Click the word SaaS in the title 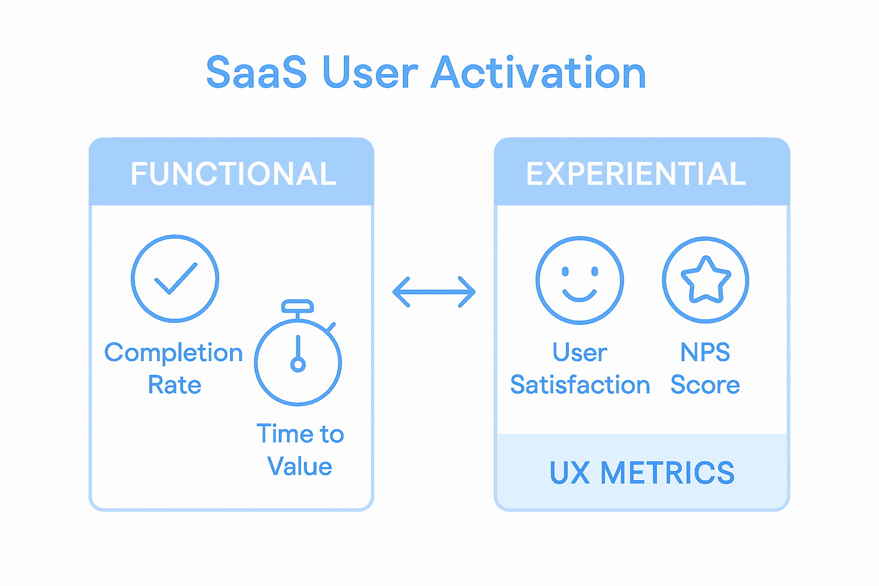click(x=256, y=73)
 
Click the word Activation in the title click(x=538, y=73)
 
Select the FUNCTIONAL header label click(x=233, y=174)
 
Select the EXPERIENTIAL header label click(x=636, y=174)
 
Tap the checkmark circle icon click(x=175, y=279)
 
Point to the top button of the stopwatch click(x=298, y=306)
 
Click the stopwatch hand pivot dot click(x=298, y=364)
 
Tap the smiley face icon click(x=580, y=280)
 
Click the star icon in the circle click(x=706, y=280)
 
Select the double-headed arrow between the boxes click(x=434, y=292)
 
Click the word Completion click(x=173, y=353)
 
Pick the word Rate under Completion click(x=175, y=385)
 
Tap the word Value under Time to click(x=299, y=466)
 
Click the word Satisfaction click(x=580, y=385)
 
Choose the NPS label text click(x=705, y=353)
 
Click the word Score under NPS click(x=705, y=385)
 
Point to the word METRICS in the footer click(x=667, y=473)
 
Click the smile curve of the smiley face click(x=580, y=295)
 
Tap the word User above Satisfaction click(x=580, y=353)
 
